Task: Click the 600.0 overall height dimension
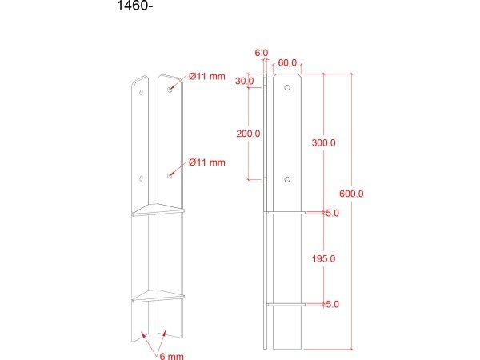tap(351, 194)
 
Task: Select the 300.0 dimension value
tap(323, 142)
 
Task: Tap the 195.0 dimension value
tap(323, 258)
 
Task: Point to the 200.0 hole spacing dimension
tap(248, 134)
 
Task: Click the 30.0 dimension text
tap(244, 81)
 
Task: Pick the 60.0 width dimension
tap(287, 62)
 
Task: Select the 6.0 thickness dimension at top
tap(262, 53)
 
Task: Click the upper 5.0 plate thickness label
tap(332, 213)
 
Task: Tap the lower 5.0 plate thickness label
tap(332, 304)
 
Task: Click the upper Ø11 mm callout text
tap(207, 76)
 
